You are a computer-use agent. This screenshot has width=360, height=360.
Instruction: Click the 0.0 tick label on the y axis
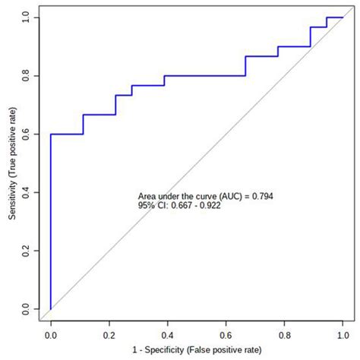coord(27,310)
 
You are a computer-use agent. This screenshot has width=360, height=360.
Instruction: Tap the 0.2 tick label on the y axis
coord(27,251)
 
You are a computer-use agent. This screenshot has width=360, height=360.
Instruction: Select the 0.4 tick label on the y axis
coord(27,193)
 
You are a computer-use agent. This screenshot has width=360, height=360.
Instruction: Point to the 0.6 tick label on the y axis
coord(27,134)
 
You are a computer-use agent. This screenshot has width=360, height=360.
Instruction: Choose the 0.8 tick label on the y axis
coord(27,76)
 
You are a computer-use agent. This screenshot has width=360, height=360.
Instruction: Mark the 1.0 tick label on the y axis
coord(27,17)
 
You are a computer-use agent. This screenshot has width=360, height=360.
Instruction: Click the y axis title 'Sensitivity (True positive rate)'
coord(10,163)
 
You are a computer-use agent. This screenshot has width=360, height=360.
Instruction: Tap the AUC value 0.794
coord(261,196)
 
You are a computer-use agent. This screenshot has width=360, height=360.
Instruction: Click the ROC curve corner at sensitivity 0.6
coord(51,134)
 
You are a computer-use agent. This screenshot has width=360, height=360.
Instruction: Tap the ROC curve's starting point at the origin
coord(51,310)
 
